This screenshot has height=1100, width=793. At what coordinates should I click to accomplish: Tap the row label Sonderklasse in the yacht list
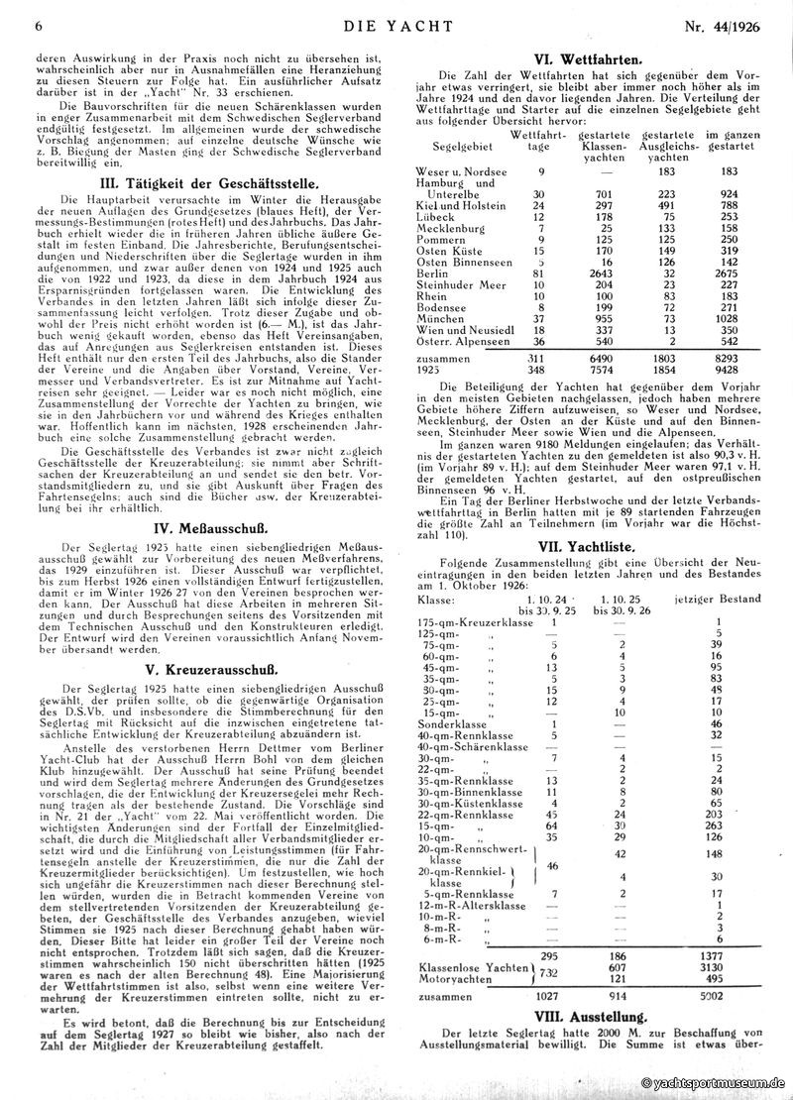[451, 723]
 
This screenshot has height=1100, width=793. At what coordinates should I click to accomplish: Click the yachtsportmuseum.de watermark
[712, 1086]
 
